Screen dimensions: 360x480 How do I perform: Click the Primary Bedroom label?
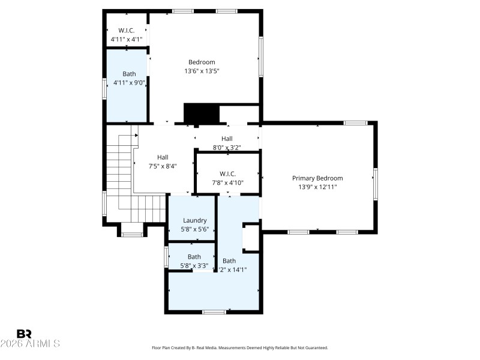point(317,178)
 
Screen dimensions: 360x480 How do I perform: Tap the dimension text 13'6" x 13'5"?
point(202,71)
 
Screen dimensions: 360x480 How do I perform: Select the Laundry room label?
point(195,220)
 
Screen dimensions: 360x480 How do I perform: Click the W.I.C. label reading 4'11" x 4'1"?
point(126,31)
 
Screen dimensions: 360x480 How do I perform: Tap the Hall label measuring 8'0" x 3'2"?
point(226,139)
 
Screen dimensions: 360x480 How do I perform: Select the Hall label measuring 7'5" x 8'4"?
point(163,157)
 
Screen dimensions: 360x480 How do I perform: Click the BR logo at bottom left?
point(24,334)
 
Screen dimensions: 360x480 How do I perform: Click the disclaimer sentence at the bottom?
point(240,347)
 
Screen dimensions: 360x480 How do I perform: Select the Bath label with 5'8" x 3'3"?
point(194,257)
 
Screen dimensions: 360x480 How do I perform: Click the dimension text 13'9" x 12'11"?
point(317,187)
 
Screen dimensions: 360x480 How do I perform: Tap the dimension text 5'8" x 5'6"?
point(195,229)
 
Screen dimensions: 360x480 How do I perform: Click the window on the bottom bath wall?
point(214,311)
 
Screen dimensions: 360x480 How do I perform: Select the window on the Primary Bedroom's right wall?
point(376,183)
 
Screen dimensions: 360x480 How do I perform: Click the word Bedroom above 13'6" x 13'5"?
point(202,62)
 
